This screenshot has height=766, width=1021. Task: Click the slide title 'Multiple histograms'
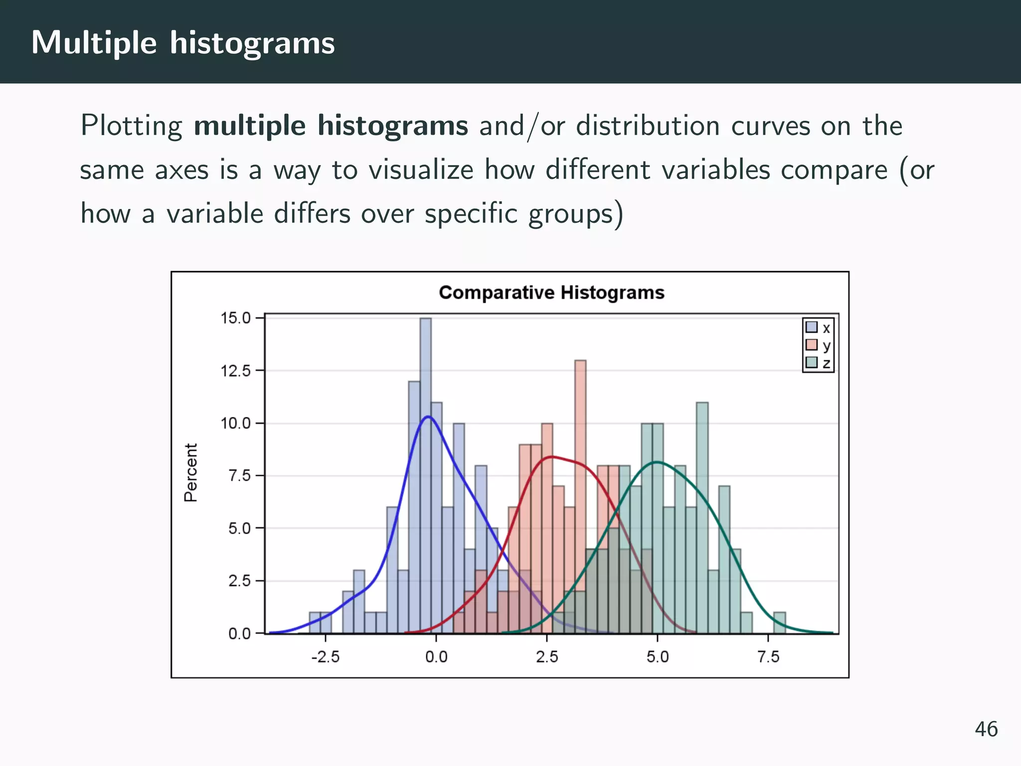click(183, 43)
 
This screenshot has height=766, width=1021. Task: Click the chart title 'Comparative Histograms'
click(551, 293)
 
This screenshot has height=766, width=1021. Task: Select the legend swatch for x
click(811, 327)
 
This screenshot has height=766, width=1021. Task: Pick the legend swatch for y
click(811, 345)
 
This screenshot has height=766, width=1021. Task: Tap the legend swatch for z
click(811, 362)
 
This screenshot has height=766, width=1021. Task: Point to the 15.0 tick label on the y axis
click(235, 318)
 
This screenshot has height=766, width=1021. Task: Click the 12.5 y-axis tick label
click(235, 371)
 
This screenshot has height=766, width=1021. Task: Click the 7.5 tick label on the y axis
click(239, 476)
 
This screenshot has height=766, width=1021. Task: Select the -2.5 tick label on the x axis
click(325, 657)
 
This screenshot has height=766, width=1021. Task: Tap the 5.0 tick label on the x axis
click(658, 657)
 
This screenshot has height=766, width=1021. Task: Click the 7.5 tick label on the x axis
click(768, 657)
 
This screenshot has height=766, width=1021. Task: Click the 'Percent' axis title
click(191, 473)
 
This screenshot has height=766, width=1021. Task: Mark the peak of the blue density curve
click(428, 417)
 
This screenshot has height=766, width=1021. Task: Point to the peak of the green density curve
click(658, 462)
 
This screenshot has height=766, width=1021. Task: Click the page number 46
click(986, 729)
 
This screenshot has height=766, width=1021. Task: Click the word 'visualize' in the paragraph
click(421, 170)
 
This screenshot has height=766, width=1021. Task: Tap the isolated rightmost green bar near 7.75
click(779, 623)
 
